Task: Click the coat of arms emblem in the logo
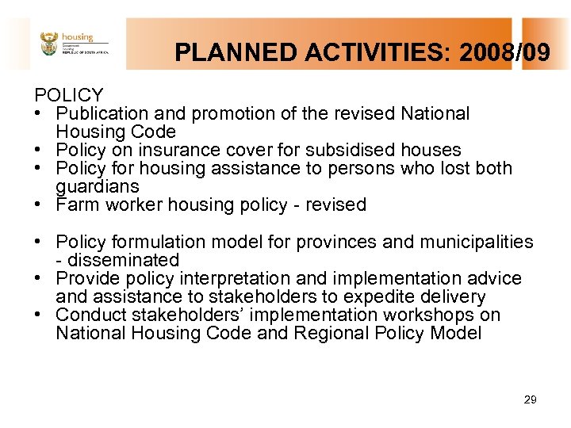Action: point(49,44)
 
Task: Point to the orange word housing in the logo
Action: point(78,36)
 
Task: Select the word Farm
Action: point(77,205)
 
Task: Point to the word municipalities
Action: point(478,242)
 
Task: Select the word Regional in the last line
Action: point(331,334)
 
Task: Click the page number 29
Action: point(531,400)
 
